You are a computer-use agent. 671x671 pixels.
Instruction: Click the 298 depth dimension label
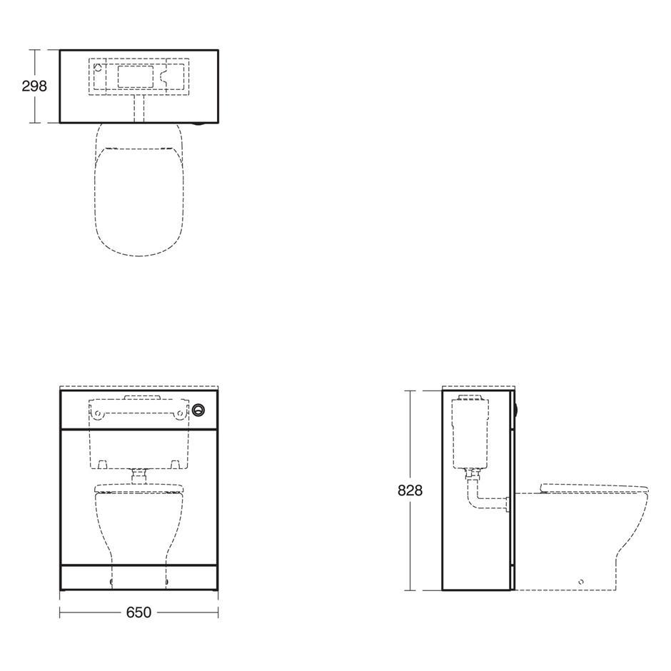point(34,86)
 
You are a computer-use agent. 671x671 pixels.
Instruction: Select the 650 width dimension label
point(138,612)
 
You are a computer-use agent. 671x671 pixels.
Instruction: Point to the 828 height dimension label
point(410,490)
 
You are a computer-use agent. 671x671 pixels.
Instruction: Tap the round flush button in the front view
point(198,410)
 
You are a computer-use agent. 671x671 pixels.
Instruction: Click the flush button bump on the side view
point(518,410)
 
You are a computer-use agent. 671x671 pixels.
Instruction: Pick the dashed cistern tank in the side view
point(470,431)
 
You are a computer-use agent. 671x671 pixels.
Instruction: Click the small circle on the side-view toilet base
point(581,582)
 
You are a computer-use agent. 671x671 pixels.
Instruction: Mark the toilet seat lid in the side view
point(594,488)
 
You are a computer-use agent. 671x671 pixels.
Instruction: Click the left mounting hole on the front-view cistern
point(98,413)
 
